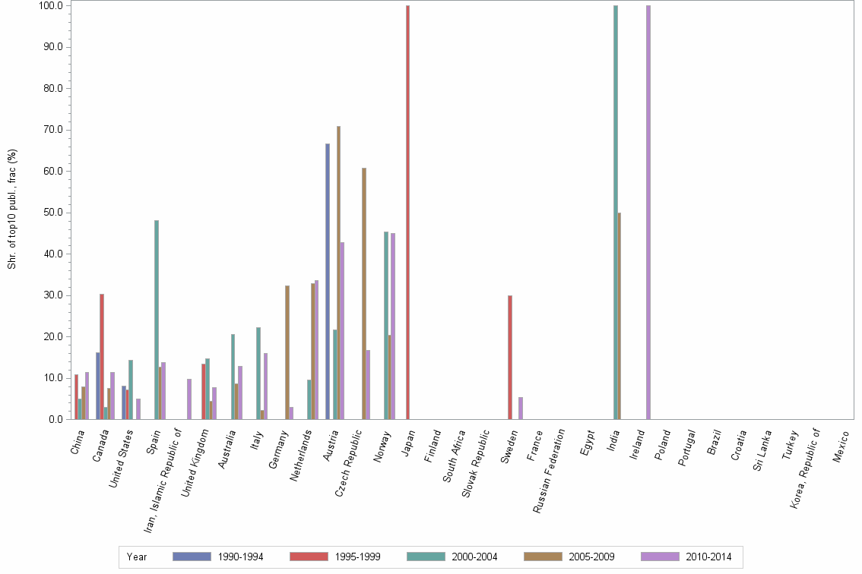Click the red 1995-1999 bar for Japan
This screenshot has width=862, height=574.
(x=407, y=213)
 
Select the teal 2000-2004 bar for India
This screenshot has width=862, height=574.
(x=616, y=213)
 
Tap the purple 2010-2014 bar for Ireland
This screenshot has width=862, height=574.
(x=648, y=213)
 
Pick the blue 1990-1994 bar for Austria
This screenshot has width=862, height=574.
(x=328, y=281)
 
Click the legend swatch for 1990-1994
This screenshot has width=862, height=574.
(x=192, y=557)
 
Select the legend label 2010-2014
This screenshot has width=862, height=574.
(x=708, y=557)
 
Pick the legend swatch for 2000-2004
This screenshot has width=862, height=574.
(x=426, y=557)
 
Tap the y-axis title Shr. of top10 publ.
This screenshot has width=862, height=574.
(x=12, y=209)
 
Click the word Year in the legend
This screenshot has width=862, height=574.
(x=137, y=557)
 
